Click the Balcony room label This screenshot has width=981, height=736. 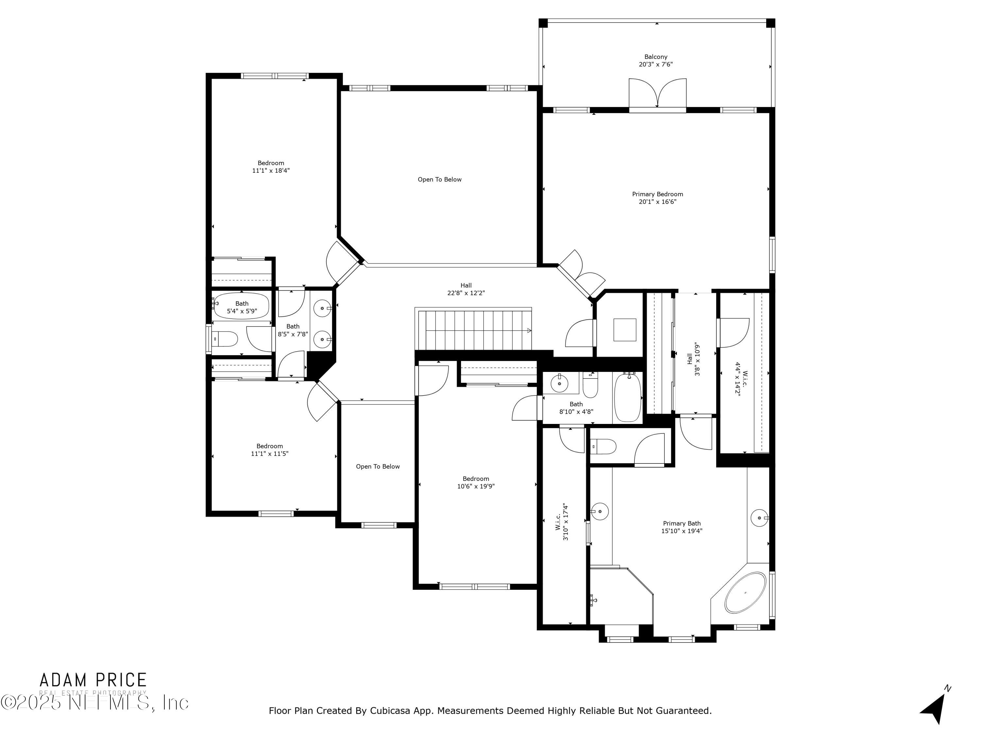click(656, 57)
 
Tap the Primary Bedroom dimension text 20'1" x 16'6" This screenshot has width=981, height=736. click(657, 202)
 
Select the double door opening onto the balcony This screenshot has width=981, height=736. click(657, 94)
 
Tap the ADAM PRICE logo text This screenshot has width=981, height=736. click(93, 680)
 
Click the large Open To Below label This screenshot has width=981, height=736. click(439, 180)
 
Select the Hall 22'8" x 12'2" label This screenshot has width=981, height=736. click(466, 289)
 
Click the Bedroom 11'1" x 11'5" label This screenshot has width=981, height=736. click(270, 450)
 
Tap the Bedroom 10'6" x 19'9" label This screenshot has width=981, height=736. click(476, 482)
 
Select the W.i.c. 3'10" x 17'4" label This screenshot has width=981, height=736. click(562, 522)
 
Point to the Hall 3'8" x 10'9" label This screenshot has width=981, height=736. click(693, 359)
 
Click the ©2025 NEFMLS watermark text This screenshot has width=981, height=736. click(94, 703)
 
